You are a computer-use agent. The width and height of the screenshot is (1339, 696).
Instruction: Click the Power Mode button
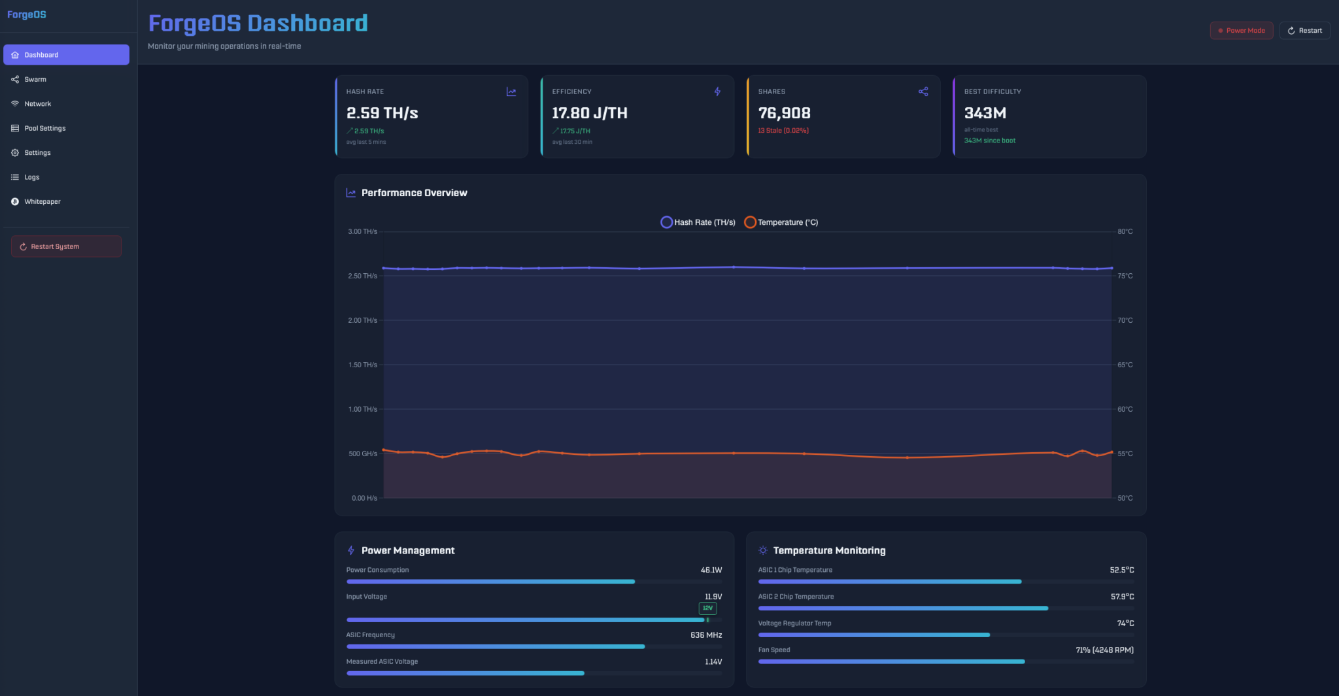pyautogui.click(x=1241, y=31)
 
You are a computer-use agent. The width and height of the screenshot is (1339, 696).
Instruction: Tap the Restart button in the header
pyautogui.click(x=1304, y=31)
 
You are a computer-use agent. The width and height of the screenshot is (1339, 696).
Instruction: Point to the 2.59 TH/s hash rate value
pyautogui.click(x=382, y=113)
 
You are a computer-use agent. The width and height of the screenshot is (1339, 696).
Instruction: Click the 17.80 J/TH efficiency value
pyautogui.click(x=589, y=113)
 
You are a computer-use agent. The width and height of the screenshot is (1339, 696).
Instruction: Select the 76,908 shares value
pyautogui.click(x=784, y=113)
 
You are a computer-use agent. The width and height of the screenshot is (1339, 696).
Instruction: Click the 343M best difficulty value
pyautogui.click(x=985, y=113)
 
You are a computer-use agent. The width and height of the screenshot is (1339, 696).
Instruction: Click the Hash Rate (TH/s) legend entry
pyautogui.click(x=698, y=222)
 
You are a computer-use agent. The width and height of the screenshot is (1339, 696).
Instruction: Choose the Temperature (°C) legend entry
pyautogui.click(x=781, y=222)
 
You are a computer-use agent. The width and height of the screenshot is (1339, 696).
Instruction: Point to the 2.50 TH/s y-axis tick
pyautogui.click(x=363, y=276)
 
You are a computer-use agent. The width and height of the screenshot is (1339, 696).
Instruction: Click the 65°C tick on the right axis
pyautogui.click(x=1125, y=365)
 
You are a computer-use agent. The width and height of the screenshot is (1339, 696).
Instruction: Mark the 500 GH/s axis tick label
pyautogui.click(x=363, y=454)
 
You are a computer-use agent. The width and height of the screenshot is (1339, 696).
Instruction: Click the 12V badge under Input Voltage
pyautogui.click(x=707, y=608)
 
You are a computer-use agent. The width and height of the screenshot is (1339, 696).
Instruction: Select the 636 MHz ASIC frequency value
pyautogui.click(x=706, y=635)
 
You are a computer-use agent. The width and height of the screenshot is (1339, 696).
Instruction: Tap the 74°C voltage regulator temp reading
pyautogui.click(x=1125, y=623)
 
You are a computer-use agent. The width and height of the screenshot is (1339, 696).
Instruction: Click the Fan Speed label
pyautogui.click(x=774, y=650)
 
